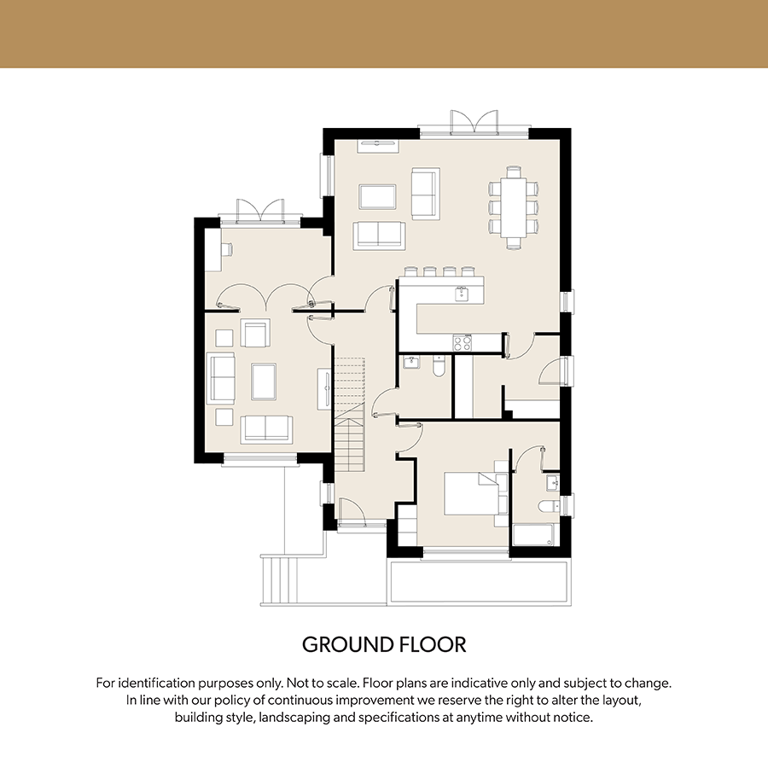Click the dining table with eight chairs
pyautogui.click(x=514, y=208)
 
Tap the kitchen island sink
pyautogui.click(x=462, y=294)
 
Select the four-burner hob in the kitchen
pyautogui.click(x=462, y=342)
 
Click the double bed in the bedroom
pyautogui.click(x=471, y=493)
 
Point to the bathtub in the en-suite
pyautogui.click(x=533, y=535)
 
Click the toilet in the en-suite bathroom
pyautogui.click(x=548, y=506)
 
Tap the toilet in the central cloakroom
pyautogui.click(x=439, y=366)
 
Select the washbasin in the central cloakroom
pyautogui.click(x=411, y=363)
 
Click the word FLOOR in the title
pyautogui.click(x=433, y=644)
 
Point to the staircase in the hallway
pyautogui.click(x=350, y=415)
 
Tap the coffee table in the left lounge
pyautogui.click(x=264, y=381)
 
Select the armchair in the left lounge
pyautogui.click(x=254, y=334)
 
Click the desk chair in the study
pyautogui.click(x=227, y=250)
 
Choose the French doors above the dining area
pyautogui.click(x=474, y=122)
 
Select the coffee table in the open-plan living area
pyautogui.click(x=377, y=197)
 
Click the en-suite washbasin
pyautogui.click(x=553, y=482)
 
